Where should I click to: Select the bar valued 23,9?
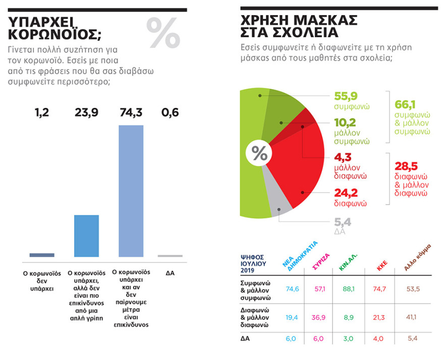(x=86, y=236)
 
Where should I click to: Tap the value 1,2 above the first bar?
(x=42, y=112)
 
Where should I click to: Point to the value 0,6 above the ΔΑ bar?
(x=170, y=112)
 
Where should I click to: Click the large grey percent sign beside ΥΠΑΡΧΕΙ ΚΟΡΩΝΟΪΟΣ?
(x=163, y=33)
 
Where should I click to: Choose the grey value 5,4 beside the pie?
(x=343, y=222)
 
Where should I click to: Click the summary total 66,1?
(x=405, y=104)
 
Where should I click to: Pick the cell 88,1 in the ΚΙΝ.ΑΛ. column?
(x=349, y=289)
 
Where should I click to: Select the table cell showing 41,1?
(x=413, y=317)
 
